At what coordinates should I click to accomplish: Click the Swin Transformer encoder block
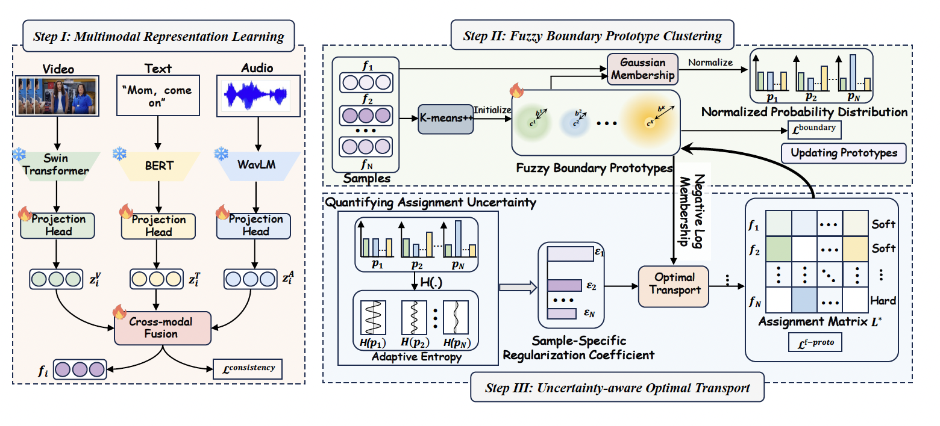pos(57,164)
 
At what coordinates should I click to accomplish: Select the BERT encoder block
pos(158,164)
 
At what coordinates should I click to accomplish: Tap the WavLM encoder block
pos(258,164)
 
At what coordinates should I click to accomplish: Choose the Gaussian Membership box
pos(642,69)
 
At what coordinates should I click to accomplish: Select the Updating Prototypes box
pos(843,153)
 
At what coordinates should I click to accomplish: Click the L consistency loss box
pos(248,368)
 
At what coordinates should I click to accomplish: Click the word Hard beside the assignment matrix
pos(883,300)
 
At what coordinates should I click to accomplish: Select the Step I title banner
pos(158,36)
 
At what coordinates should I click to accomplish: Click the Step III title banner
pos(618,387)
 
